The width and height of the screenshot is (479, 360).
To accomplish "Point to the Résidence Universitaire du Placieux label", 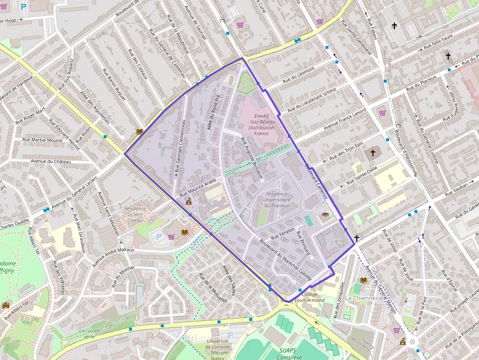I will click(276, 199).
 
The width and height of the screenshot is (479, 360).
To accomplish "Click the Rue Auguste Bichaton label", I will click(251, 157).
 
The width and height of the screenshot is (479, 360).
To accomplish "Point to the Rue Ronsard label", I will click(304, 242).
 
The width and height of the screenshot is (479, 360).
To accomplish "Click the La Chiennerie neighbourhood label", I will click(364, 298).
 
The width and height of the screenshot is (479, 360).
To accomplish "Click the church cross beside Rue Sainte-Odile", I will click(373, 153).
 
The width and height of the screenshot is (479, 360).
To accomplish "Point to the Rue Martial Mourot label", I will click(43, 140).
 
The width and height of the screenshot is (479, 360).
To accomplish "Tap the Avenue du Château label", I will click(51, 161).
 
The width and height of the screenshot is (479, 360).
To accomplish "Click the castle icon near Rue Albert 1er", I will click(6, 305).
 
